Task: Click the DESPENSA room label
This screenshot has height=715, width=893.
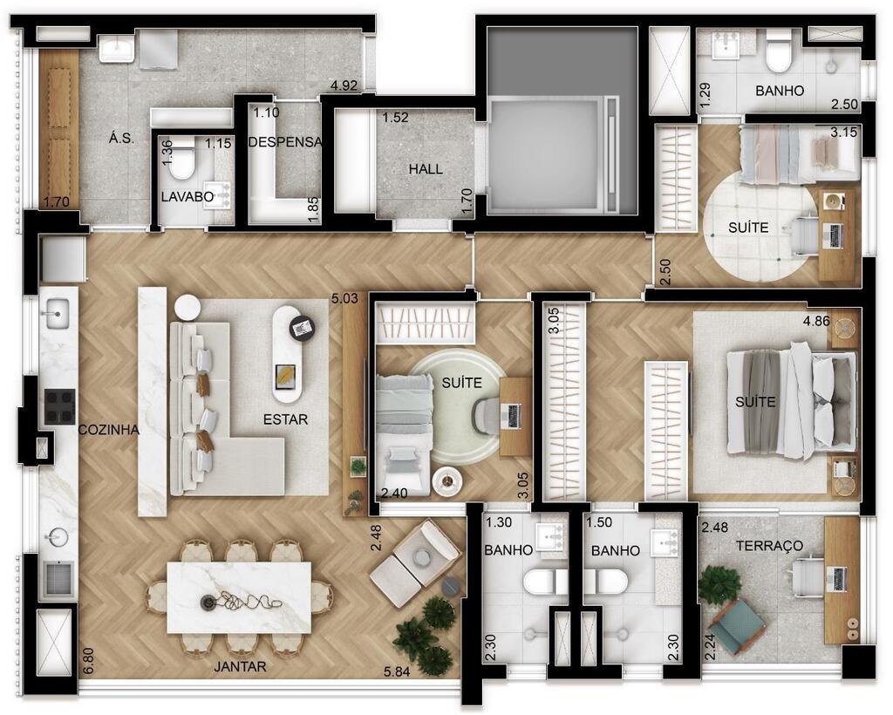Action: (x=285, y=142)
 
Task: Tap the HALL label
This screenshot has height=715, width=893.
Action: (x=426, y=169)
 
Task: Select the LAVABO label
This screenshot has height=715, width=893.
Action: (x=187, y=197)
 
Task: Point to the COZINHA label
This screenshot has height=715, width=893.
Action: (x=109, y=430)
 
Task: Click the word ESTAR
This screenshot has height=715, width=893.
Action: (x=285, y=419)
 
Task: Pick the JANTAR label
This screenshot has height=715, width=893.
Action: (x=240, y=667)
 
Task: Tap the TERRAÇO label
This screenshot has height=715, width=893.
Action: (x=769, y=545)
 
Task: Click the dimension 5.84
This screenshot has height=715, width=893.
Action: (x=397, y=672)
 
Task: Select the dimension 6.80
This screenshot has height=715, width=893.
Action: (x=88, y=661)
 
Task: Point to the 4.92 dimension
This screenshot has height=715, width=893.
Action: (x=344, y=86)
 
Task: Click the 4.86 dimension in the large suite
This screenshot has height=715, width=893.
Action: (x=816, y=321)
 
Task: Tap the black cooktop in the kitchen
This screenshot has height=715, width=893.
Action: (x=60, y=406)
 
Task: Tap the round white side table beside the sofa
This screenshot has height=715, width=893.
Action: (x=187, y=308)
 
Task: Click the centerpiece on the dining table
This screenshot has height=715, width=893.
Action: (x=240, y=600)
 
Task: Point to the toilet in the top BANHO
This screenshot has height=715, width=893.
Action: (x=779, y=51)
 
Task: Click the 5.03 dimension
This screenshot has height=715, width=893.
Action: (x=344, y=297)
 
